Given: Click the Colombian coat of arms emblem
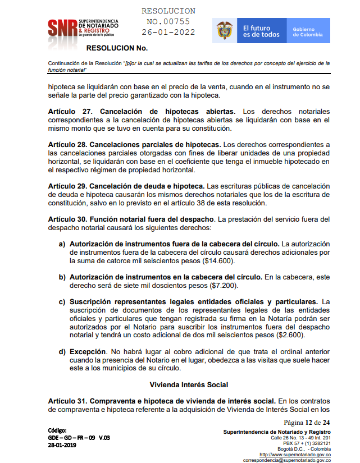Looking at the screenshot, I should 225,31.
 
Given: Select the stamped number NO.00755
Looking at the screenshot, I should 168,22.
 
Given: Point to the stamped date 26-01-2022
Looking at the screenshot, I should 168,32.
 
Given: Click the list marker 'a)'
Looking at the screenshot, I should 62,245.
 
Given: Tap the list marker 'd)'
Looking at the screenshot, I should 62,351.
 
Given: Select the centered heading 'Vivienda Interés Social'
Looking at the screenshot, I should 189,385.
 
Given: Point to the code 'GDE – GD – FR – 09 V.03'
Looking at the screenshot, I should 79,437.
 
